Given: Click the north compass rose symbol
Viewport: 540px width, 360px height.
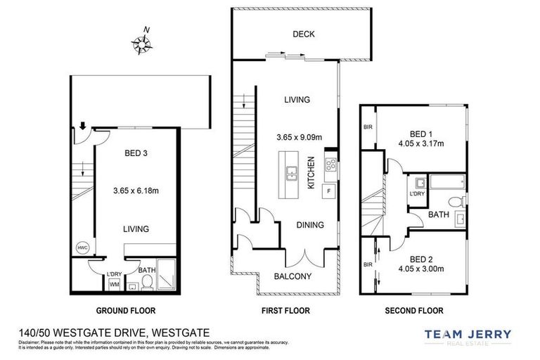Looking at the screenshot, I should [x=143, y=44].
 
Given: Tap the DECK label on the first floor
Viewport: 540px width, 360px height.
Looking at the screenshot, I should [x=304, y=34].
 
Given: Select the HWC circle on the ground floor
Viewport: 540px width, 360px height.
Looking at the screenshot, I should [x=82, y=247].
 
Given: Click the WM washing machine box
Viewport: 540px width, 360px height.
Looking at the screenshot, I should [x=114, y=284].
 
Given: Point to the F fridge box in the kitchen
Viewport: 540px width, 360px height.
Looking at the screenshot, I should [x=328, y=191].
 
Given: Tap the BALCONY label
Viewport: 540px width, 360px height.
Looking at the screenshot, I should [x=292, y=276].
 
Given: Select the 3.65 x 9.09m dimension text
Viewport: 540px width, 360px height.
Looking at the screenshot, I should [x=297, y=136].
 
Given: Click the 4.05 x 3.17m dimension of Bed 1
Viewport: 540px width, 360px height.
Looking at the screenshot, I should [x=420, y=144].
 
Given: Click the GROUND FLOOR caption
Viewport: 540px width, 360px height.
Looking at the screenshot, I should [x=126, y=310].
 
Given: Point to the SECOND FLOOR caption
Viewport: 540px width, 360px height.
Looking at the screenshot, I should [x=413, y=310].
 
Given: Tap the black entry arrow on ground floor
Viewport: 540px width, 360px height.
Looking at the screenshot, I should [x=83, y=126].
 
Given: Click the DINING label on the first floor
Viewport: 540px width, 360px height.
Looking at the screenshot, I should [x=309, y=225].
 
